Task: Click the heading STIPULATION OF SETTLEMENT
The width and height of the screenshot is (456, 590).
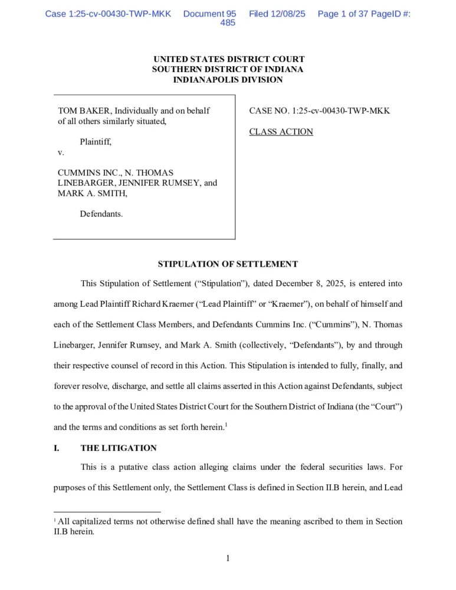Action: coord(228,264)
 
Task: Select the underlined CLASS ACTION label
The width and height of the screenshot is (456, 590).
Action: coord(281,132)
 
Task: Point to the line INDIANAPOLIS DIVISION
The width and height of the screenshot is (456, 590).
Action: coord(228,80)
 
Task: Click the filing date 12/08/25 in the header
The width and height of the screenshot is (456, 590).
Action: coord(277,13)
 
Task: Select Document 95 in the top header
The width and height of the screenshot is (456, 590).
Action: coord(209,13)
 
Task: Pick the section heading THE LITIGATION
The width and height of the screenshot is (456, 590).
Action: coord(119,448)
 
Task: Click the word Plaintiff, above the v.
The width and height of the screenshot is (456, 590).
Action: coord(96,142)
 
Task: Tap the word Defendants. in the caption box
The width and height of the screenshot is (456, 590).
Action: coord(101,214)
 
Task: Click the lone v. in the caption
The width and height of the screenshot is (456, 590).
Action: coord(61,152)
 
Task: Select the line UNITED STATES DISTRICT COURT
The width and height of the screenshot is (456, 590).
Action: coord(228,59)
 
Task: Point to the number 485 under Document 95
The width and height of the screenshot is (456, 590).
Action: coord(228,23)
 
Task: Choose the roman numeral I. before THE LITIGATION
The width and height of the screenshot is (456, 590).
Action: coord(57,448)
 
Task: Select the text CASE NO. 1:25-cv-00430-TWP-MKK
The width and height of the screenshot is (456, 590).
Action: coord(319,110)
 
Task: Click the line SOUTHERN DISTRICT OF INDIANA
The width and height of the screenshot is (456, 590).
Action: coord(228,69)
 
